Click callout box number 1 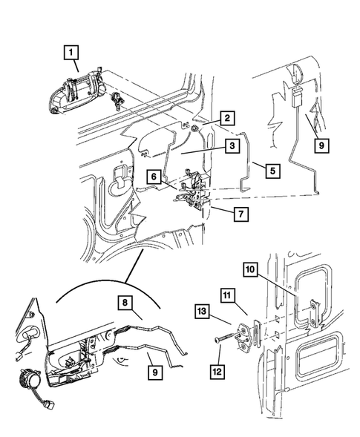[71, 51]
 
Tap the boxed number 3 [233, 148]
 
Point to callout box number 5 [272, 170]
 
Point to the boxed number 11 [227, 295]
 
